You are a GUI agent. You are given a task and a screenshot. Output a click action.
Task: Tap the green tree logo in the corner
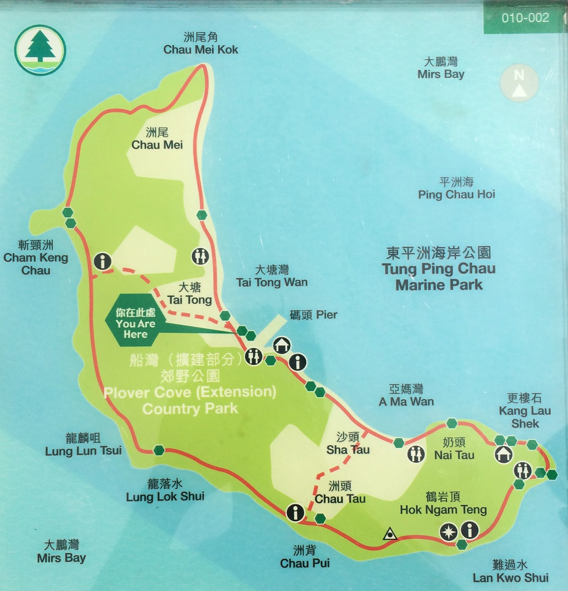pyautogui.click(x=40, y=50)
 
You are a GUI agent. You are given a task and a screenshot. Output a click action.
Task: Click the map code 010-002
pyautogui.click(x=525, y=18)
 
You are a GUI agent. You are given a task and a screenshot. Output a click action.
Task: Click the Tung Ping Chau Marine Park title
pyautogui.click(x=438, y=269)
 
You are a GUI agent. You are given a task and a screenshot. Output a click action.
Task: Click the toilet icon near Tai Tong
pyautogui.click(x=200, y=256)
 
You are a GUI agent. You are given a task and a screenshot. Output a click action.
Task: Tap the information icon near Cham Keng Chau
pyautogui.click(x=102, y=261)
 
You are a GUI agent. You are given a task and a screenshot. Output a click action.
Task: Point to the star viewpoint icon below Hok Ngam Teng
pyautogui.click(x=449, y=532)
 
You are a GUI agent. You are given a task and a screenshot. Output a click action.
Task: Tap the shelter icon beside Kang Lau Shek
pyautogui.click(x=503, y=454)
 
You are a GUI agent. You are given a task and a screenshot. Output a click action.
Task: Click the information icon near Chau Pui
pyautogui.click(x=295, y=512)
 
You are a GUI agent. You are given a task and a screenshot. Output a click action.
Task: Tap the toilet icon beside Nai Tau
pyautogui.click(x=416, y=454)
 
